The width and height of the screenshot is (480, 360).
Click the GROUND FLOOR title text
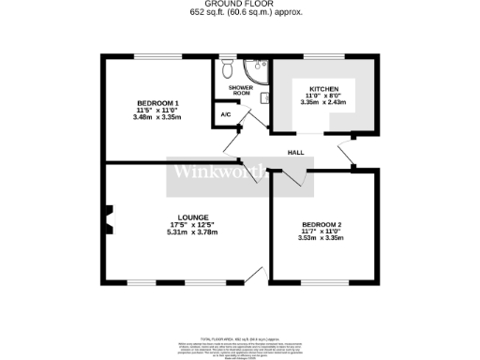point(241,4)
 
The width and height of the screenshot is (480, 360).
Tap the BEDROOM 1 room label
point(157,102)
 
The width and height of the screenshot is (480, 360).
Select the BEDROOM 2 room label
point(320,224)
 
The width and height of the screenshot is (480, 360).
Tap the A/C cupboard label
point(225,114)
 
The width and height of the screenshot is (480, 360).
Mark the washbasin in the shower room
point(265,97)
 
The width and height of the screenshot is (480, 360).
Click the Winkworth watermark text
point(220,174)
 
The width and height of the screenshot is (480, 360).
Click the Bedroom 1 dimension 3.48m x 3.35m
point(157,117)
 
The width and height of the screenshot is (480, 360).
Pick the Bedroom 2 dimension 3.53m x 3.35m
point(320,239)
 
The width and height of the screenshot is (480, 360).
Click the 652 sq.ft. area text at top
point(241,13)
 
